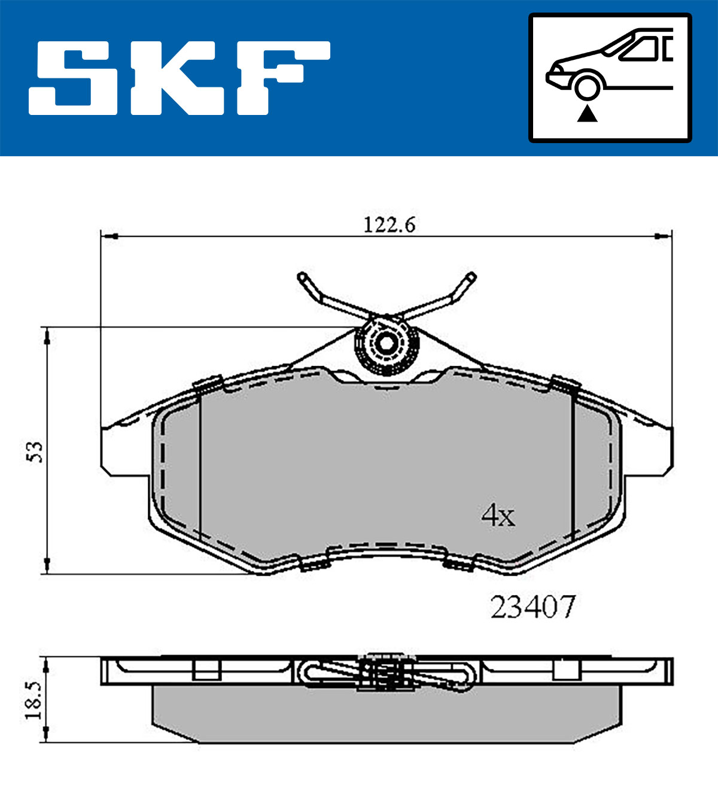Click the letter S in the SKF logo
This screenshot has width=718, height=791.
73,78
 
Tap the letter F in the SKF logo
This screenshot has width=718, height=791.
284,78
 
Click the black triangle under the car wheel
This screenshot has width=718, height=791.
587,114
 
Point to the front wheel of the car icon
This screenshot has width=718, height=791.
587,87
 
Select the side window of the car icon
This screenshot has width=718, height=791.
638,49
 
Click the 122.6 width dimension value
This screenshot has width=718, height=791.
390,225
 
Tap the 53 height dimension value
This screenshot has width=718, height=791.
34,452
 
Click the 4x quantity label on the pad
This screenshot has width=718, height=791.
498,516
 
